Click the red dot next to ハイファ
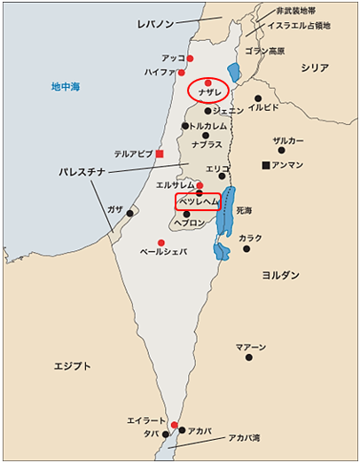182,73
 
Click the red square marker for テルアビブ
160,153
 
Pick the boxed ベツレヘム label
197,202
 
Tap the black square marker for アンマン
265,165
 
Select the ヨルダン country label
280,275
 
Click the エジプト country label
74,365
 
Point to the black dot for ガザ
130,213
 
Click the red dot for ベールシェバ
160,242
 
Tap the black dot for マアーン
248,357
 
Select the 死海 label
244,210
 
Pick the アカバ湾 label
243,437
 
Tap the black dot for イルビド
258,98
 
